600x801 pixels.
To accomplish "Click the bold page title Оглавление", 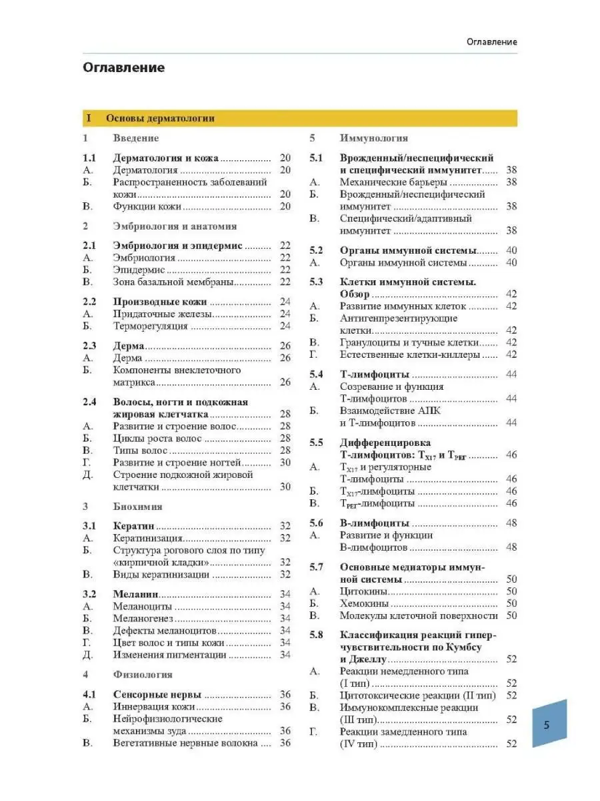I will point(123,67).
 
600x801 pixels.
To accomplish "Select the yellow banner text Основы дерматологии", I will point(160,118).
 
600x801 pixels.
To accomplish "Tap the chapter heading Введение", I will point(136,138).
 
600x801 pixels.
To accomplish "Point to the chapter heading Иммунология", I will point(374,138).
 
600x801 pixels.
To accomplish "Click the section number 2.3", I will point(89,346).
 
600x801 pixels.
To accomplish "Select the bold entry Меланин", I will point(135,594).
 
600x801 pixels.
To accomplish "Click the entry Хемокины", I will point(364,603).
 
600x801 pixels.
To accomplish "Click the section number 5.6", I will point(316,523).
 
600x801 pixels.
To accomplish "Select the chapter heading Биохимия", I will point(135,507).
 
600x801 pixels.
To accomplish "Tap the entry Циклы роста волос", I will point(157,439).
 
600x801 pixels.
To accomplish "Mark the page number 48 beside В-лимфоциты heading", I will point(511,523).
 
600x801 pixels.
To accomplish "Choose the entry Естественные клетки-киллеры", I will point(409,354).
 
